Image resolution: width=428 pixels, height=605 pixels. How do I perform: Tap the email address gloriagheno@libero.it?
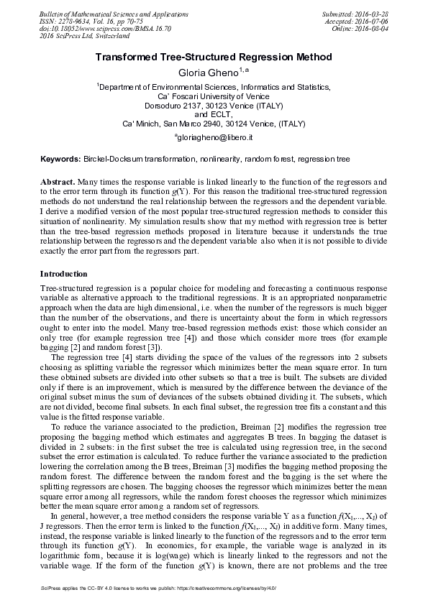click(x=214, y=137)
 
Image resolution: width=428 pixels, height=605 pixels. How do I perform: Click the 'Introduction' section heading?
click(x=63, y=274)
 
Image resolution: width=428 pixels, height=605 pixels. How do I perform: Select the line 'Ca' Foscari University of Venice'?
click(x=214, y=95)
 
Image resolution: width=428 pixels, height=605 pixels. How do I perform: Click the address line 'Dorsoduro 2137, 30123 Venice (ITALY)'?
click(x=214, y=104)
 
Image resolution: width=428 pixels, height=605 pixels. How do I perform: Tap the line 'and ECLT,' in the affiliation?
click(x=214, y=114)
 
